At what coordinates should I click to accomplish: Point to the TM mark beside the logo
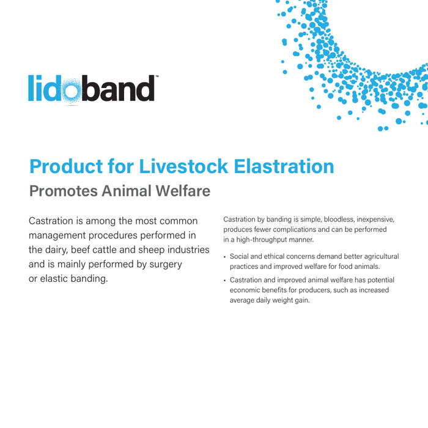[x=157, y=77]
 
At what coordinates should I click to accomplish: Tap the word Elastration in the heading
[x=290, y=166]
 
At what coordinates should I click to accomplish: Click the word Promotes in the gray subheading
[x=63, y=191]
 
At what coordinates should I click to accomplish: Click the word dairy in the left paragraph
[x=56, y=249]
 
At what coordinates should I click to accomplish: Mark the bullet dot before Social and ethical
[x=225, y=257]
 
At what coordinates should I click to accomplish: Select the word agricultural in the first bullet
[x=377, y=256]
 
